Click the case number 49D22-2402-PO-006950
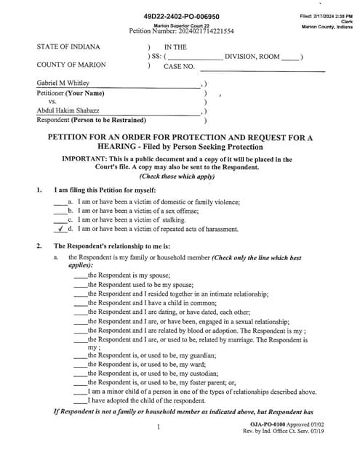click(183, 16)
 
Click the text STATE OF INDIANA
click(68, 46)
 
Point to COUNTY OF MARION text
click(70, 65)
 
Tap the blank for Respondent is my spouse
click(80, 276)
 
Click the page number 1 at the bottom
click(158, 428)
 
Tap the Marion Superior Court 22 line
click(183, 25)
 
